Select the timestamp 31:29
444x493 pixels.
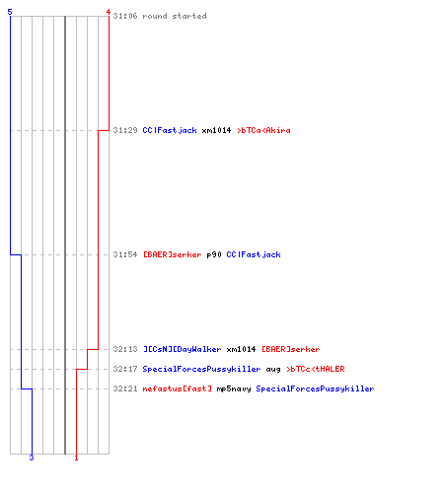click(125, 130)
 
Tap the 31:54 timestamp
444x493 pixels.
click(125, 254)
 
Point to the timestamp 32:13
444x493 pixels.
click(125, 349)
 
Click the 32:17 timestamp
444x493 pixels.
click(125, 369)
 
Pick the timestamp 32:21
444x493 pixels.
click(125, 388)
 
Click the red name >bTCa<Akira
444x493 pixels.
click(263, 130)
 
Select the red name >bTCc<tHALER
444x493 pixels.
click(316, 369)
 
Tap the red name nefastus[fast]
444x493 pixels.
click(178, 388)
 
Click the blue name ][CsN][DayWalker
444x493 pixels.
click(183, 349)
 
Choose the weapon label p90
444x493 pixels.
click(214, 255)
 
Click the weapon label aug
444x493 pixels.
click(273, 370)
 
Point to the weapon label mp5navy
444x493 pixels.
click(234, 389)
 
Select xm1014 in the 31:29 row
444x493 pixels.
click(216, 130)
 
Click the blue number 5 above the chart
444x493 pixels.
click(10, 12)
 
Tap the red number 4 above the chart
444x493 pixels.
click(109, 12)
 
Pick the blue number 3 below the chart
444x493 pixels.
click(32, 458)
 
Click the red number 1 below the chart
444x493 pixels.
click(76, 458)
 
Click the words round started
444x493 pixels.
click(175, 16)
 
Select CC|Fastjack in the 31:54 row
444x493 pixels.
click(254, 254)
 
